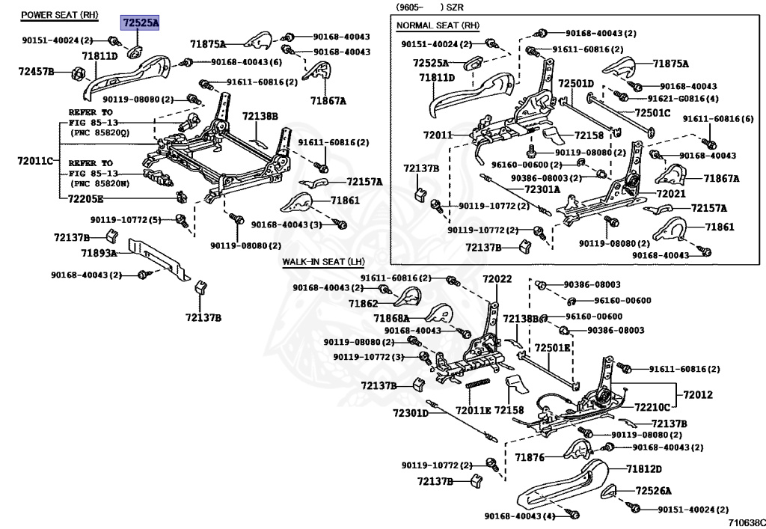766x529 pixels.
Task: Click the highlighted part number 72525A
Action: pyautogui.click(x=140, y=24)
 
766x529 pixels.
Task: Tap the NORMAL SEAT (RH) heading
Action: pyautogui.click(x=438, y=25)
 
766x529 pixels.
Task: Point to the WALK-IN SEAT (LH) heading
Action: pyautogui.click(x=323, y=262)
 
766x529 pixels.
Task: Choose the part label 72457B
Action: pyautogui.click(x=36, y=71)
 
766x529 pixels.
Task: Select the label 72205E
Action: pyautogui.click(x=85, y=198)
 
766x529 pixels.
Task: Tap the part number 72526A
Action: pyautogui.click(x=653, y=491)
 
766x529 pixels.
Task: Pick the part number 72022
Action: pyautogui.click(x=497, y=279)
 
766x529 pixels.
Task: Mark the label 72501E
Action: pyautogui.click(x=552, y=348)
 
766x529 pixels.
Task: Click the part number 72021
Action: pyautogui.click(x=670, y=193)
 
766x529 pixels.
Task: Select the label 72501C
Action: pyautogui.click(x=652, y=113)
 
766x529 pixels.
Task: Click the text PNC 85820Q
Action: pyautogui.click(x=99, y=132)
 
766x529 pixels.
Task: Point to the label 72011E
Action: pyautogui.click(x=473, y=410)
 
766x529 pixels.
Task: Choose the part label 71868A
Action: pyautogui.click(x=392, y=318)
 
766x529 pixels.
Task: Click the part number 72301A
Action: pyautogui.click(x=542, y=189)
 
